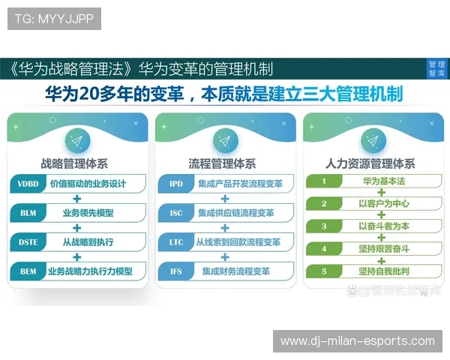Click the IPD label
tap(176, 184)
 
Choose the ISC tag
tap(176, 213)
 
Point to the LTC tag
tap(176, 242)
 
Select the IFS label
tap(176, 271)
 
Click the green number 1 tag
tap(324, 181)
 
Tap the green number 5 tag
tap(324, 270)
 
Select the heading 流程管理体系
tap(223, 162)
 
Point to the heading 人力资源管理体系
tap(370, 162)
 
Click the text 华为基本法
tap(382, 181)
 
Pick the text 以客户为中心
tap(382, 203)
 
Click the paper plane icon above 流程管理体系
tap(223, 140)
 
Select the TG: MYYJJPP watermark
tap(55, 18)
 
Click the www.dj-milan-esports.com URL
tap(358, 341)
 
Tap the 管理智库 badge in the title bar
tap(436, 69)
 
